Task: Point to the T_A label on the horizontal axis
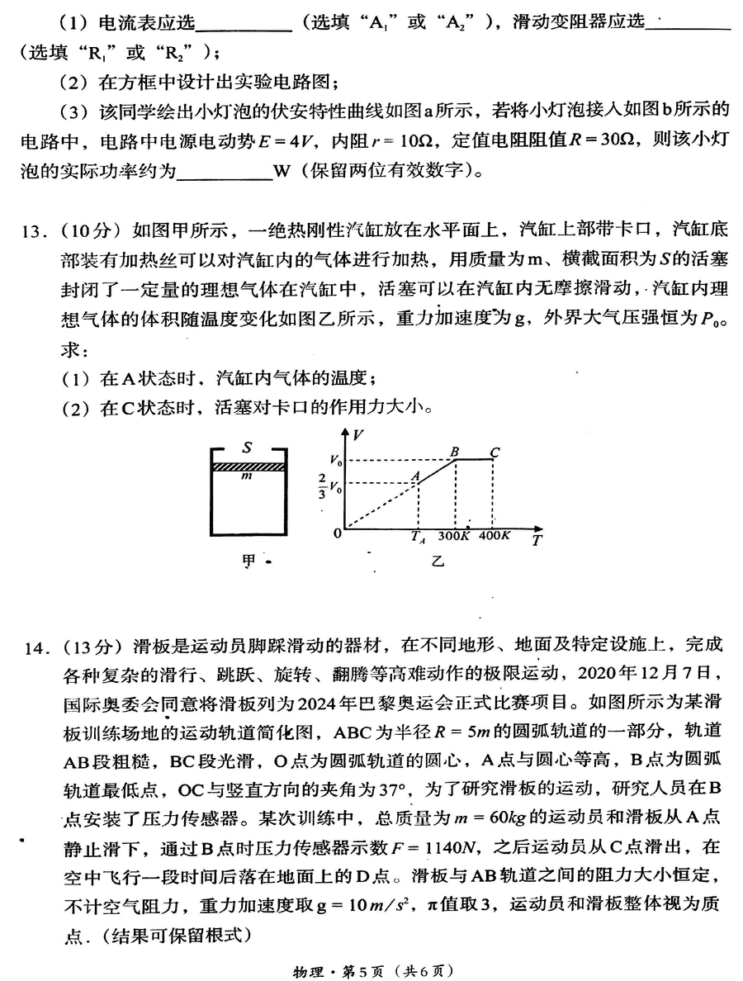[x=418, y=538]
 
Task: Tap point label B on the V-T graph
[x=454, y=451]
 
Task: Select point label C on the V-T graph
[x=495, y=451]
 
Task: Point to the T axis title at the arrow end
[x=537, y=541]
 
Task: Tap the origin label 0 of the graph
[x=337, y=533]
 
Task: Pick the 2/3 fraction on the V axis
[x=322, y=488]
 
